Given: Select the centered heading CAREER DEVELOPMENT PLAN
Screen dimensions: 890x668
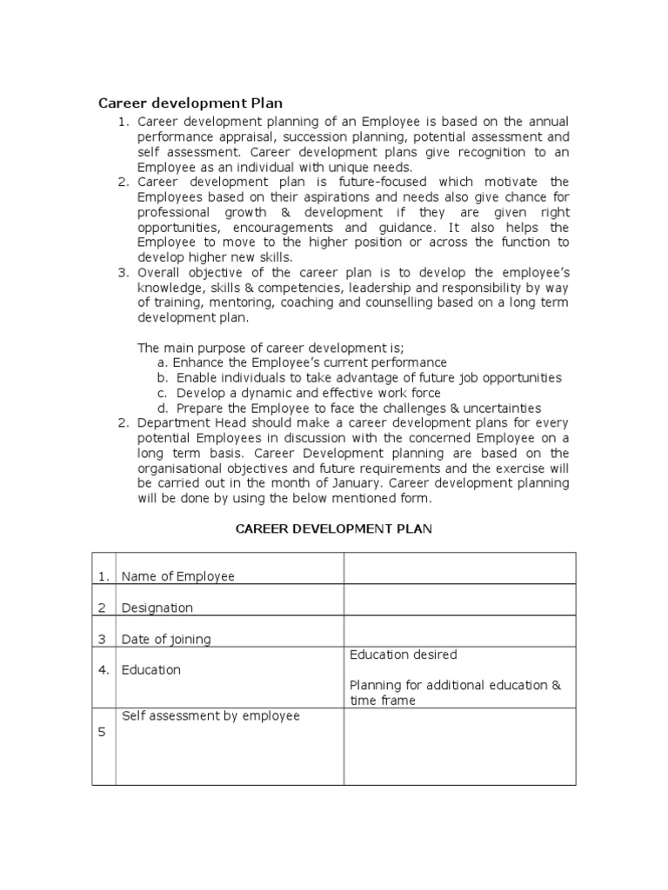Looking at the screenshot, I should point(334,530).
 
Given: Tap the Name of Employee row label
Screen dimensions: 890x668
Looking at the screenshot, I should point(177,576).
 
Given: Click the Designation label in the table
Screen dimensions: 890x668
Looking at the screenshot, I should point(157,608).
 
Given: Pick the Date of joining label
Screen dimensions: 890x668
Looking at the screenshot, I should point(166,639).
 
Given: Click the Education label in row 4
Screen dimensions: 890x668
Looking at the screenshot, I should point(150,670).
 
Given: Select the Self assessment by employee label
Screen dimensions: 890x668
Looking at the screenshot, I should point(210,716).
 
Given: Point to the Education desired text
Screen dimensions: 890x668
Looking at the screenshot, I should point(403,654).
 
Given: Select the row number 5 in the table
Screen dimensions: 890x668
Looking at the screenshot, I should point(102,733).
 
